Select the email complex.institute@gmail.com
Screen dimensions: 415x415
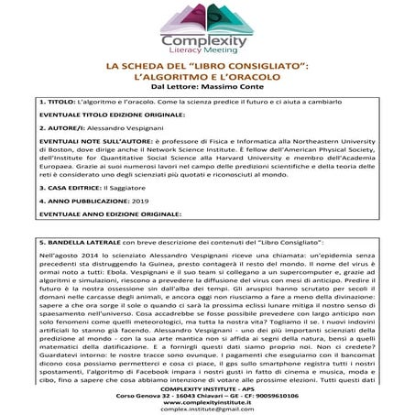coord(207,409)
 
